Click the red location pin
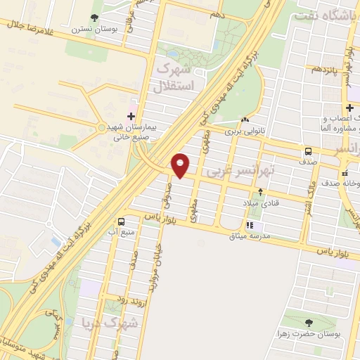(x=181, y=165)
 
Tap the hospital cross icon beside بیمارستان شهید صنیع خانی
(x=130, y=115)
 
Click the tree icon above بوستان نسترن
(x=96, y=18)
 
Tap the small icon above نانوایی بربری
(x=245, y=120)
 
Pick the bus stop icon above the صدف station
(x=308, y=151)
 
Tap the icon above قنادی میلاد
(x=261, y=191)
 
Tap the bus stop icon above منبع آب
(x=122, y=219)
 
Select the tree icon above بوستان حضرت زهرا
(x=308, y=322)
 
